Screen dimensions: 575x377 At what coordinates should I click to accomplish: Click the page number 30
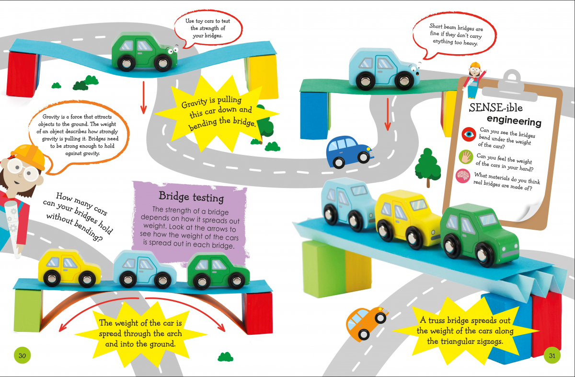pyautogui.click(x=22, y=355)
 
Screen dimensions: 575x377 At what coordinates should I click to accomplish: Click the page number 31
pyautogui.click(x=552, y=355)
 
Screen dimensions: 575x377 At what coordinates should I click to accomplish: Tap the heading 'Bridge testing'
pyautogui.click(x=191, y=197)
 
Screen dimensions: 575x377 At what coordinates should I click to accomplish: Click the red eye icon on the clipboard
pyautogui.click(x=469, y=134)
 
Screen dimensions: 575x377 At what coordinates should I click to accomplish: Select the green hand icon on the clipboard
pyautogui.click(x=466, y=157)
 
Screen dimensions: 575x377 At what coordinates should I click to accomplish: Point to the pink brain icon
pyautogui.click(x=463, y=176)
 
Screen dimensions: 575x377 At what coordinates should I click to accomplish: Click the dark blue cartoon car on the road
pyautogui.click(x=350, y=152)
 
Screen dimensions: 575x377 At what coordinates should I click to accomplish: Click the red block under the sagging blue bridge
pyautogui.click(x=23, y=74)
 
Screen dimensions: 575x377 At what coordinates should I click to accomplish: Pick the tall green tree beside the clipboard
pyautogui.click(x=427, y=167)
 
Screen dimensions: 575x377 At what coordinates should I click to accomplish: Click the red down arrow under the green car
pyautogui.click(x=143, y=98)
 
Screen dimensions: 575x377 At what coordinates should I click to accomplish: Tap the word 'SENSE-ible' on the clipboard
pyautogui.click(x=495, y=107)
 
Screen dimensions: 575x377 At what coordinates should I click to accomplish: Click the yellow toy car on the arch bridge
pyautogui.click(x=69, y=268)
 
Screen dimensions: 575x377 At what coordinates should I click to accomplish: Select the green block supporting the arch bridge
pyautogui.click(x=28, y=310)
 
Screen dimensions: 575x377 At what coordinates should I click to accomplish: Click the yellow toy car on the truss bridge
pyautogui.click(x=408, y=219)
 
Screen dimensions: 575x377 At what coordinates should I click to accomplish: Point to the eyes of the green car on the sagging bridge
pyautogui.click(x=173, y=50)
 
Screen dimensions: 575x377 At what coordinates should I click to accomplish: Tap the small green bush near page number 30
pyautogui.click(x=225, y=357)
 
